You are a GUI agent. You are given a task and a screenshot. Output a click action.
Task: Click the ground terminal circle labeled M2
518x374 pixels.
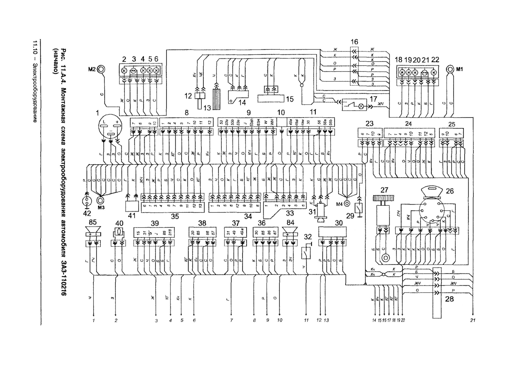pyautogui.click(x=101, y=69)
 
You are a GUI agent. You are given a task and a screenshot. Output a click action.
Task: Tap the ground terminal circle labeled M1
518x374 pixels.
pyautogui.click(x=450, y=69)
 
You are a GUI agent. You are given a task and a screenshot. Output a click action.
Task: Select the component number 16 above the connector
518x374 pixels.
pyautogui.click(x=354, y=42)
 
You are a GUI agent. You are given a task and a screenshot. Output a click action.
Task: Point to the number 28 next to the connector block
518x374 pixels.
pyautogui.click(x=449, y=299)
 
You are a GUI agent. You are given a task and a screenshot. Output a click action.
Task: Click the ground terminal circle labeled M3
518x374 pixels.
pyautogui.click(x=101, y=200)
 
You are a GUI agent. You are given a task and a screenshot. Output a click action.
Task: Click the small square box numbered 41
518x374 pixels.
pyautogui.click(x=132, y=206)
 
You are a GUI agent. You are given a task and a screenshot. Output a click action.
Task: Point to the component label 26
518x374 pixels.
pyautogui.click(x=450, y=191)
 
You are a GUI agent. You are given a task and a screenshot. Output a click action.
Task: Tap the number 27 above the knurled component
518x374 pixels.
pyautogui.click(x=384, y=190)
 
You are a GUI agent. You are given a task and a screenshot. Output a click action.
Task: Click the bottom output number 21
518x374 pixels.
pyautogui.click(x=473, y=320)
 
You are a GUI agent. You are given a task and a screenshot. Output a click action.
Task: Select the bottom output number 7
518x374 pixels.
pyautogui.click(x=231, y=320)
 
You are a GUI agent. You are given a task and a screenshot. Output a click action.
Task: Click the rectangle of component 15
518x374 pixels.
pyautogui.click(x=271, y=99)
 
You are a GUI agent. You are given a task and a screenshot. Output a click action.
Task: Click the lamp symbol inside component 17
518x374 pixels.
pyautogui.click(x=361, y=106)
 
